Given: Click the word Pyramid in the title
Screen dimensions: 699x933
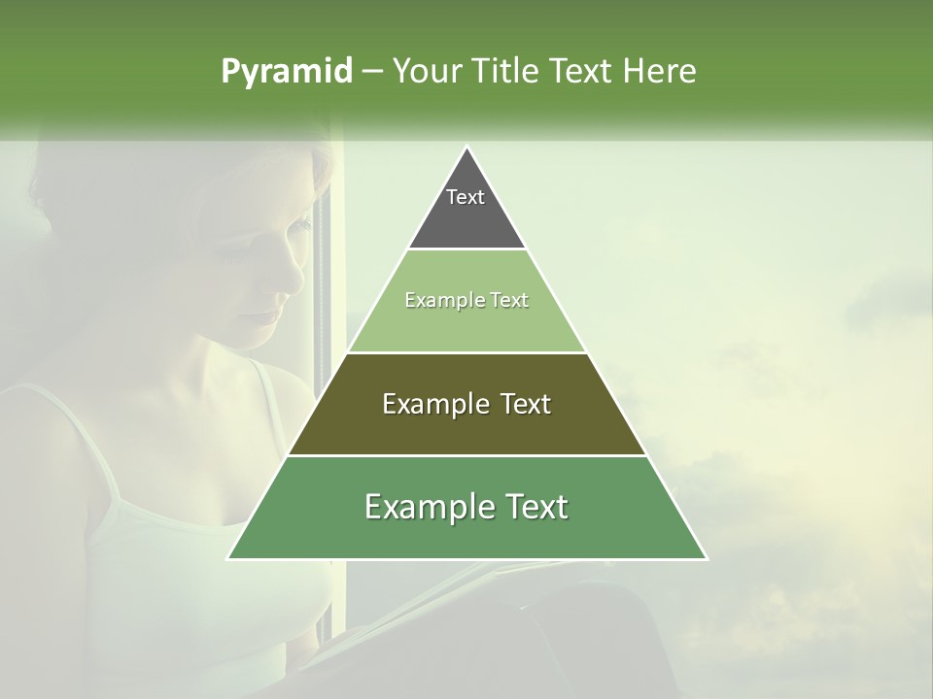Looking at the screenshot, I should [x=286, y=72].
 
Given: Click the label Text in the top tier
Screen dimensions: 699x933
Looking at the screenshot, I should [x=466, y=197].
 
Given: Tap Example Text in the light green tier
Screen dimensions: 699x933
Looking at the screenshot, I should [x=466, y=300].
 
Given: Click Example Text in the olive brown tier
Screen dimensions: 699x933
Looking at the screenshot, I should [x=466, y=404].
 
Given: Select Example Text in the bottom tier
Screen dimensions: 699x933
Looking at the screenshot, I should [x=466, y=507].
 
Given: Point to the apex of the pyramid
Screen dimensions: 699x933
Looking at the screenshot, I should [x=466, y=148].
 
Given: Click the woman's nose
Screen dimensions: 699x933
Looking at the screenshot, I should [x=292, y=282].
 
